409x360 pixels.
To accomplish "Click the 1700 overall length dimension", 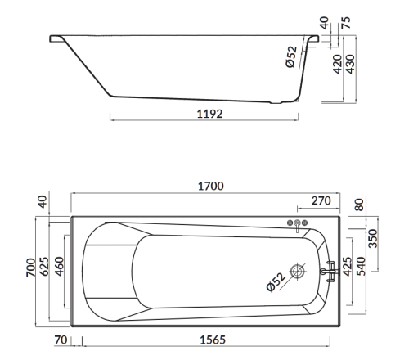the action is (210, 186).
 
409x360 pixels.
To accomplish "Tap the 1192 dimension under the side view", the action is (209, 114).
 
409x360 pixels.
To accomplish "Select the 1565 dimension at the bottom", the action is (213, 340).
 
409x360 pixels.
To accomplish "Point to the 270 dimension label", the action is (321, 200).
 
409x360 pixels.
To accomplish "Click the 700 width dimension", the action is (31, 268).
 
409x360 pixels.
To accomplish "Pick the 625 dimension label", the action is (44, 266).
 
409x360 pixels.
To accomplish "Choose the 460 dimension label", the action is (59, 266).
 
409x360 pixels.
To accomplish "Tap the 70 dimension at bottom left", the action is (61, 340).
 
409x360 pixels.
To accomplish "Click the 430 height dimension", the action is (350, 64).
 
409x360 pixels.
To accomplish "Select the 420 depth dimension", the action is (337, 64).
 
